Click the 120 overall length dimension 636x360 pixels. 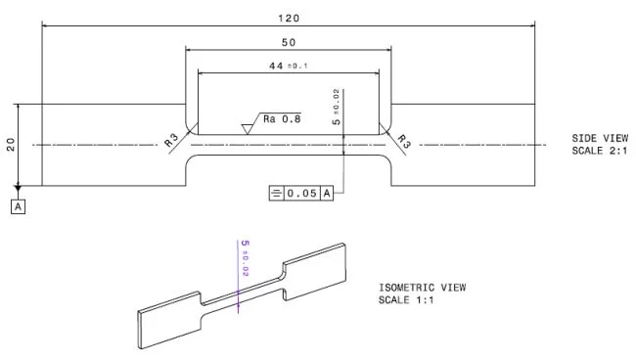[x=289, y=19]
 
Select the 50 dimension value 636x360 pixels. [x=289, y=43]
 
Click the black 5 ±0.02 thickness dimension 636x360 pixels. [x=336, y=109]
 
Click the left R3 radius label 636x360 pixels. [x=173, y=140]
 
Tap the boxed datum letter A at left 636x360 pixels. [x=19, y=205]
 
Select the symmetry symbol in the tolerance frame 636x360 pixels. [x=275, y=193]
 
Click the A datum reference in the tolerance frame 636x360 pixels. [x=328, y=193]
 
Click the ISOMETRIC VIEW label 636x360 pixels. [x=422, y=288]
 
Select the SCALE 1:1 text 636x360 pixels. [x=405, y=299]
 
